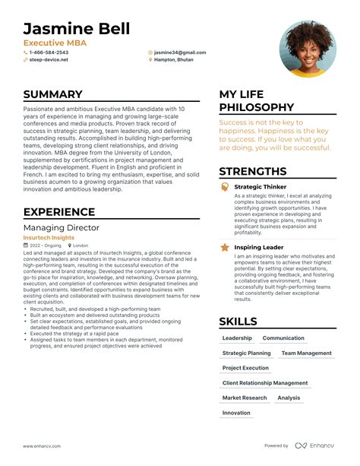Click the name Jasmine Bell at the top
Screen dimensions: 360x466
76,29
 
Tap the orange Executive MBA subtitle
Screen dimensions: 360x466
55,43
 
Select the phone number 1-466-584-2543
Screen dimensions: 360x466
53,52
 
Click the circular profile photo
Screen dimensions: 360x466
308,48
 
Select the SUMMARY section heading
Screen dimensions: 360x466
52,94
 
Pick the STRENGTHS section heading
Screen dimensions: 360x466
258,173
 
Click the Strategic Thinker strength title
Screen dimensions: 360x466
261,186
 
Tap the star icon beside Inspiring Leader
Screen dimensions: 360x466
225,247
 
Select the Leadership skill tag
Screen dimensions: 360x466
237,338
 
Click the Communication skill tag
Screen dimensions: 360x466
283,338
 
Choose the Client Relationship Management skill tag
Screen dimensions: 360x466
265,383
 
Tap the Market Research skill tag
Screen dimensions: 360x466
245,398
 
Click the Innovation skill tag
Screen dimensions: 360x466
236,413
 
